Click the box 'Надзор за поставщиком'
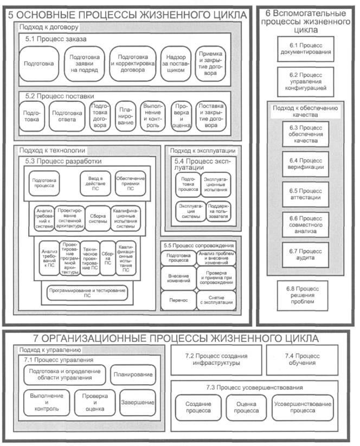point(177,64)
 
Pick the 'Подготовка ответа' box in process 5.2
point(67,116)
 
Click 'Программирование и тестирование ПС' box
point(87,294)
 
